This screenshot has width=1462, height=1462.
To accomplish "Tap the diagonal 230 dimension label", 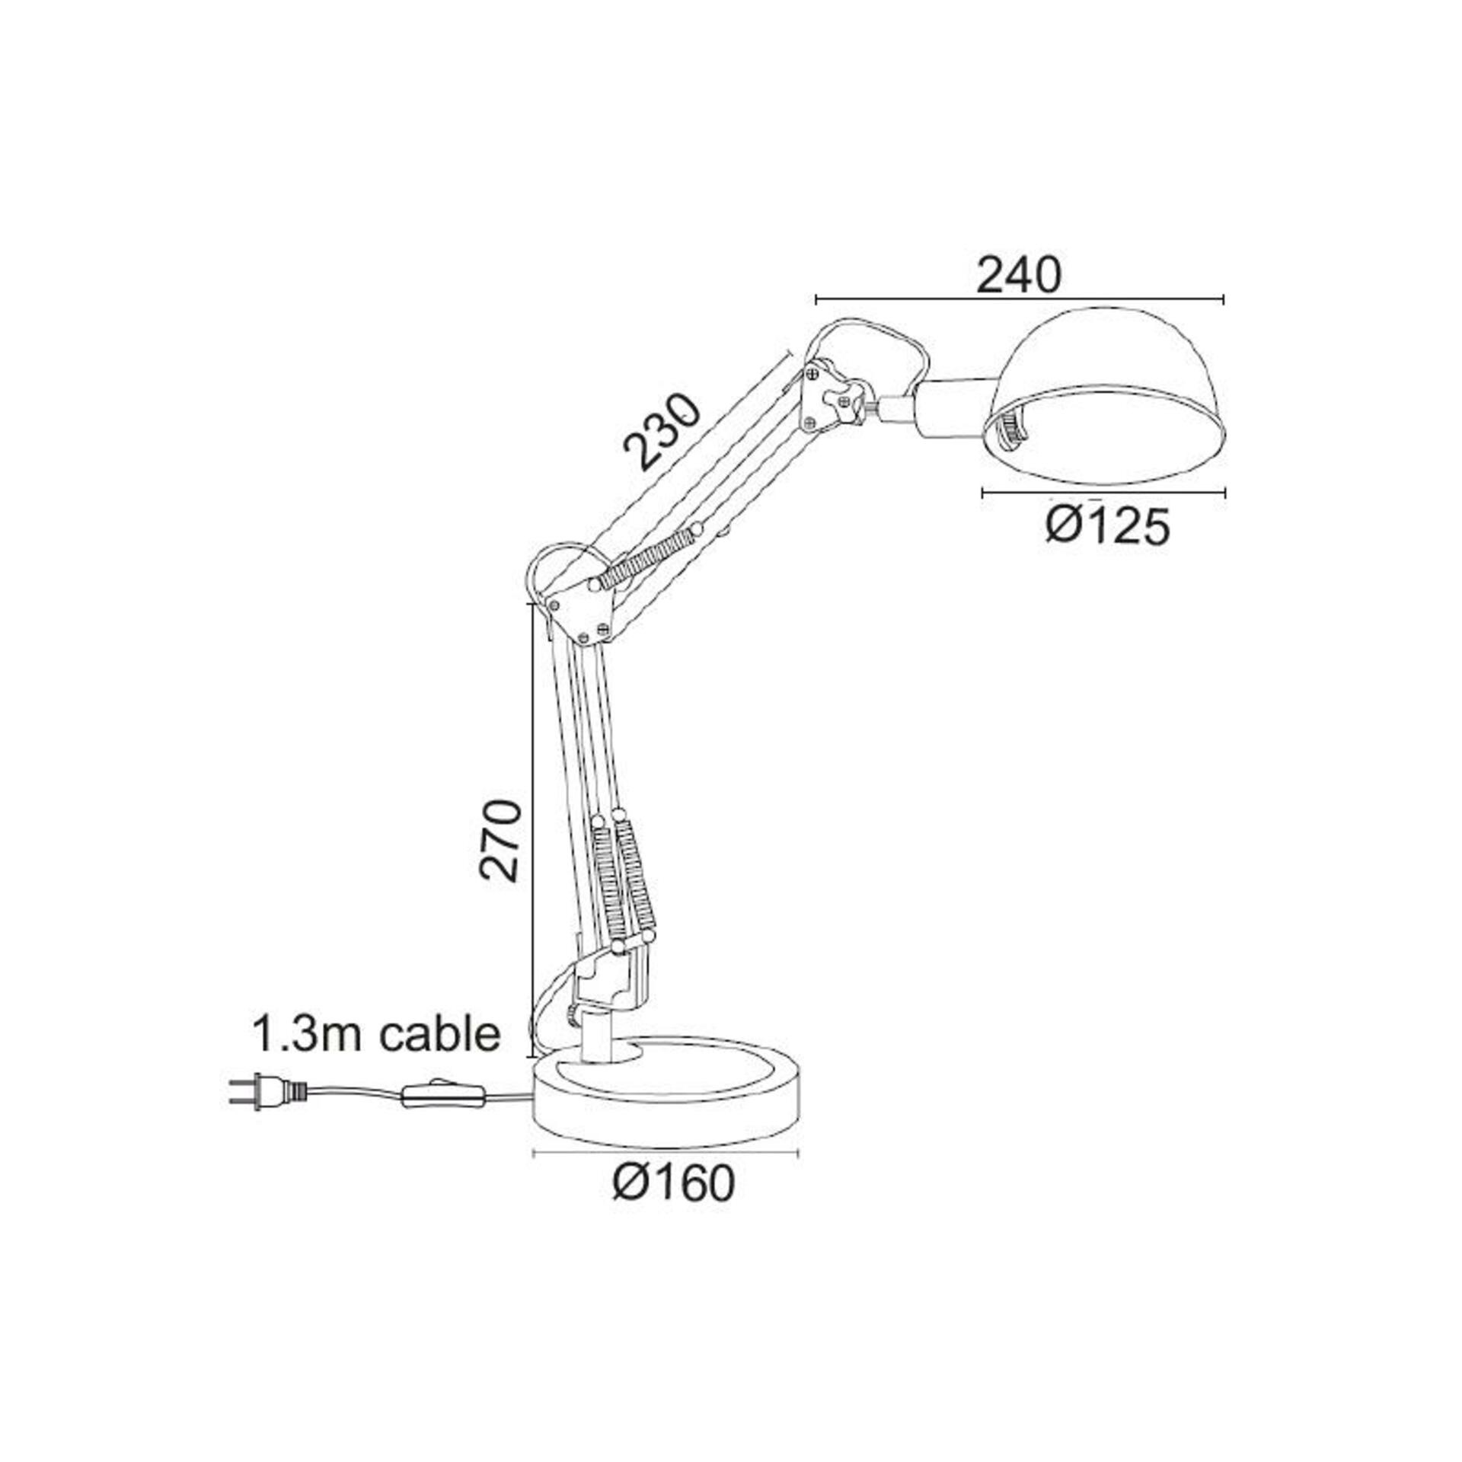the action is pos(659,432).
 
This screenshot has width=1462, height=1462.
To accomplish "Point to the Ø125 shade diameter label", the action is pos(1106,526).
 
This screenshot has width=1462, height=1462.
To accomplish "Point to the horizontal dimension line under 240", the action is pos(1019,299).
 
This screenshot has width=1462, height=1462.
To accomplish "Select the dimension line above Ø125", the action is pos(1104,493).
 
